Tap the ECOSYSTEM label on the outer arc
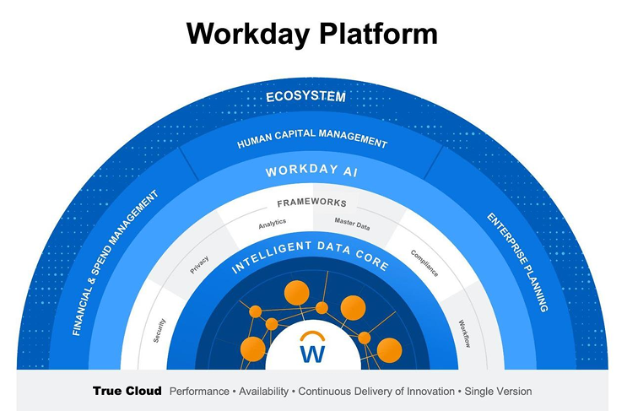tap(305, 96)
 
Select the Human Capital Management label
tap(312, 138)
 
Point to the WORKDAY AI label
tap(312, 170)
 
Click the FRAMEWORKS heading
tap(311, 203)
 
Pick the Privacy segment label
tap(199, 264)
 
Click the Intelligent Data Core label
tap(311, 257)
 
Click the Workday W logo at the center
tap(312, 349)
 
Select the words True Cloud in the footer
tap(127, 392)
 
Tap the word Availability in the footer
tap(263, 392)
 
